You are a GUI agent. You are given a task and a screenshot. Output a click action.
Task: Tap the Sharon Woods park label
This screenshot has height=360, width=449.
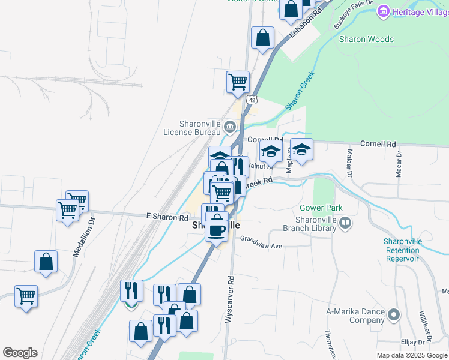[x=366, y=40]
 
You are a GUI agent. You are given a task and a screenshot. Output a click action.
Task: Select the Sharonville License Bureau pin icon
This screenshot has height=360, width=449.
[x=230, y=127]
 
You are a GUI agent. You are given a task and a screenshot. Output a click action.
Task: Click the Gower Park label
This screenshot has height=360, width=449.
[x=321, y=208]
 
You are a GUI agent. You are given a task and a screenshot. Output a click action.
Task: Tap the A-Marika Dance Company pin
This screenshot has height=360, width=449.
[x=394, y=314]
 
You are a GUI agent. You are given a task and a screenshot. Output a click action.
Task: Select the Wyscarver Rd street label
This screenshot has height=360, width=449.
[x=229, y=300]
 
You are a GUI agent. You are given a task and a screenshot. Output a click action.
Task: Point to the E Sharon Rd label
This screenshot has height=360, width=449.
[x=167, y=217]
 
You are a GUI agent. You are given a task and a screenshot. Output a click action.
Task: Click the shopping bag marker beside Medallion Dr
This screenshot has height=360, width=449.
[x=46, y=262]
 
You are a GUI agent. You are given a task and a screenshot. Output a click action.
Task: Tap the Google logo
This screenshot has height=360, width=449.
[x=20, y=353]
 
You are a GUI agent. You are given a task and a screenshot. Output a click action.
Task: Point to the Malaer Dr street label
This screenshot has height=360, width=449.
[x=349, y=160]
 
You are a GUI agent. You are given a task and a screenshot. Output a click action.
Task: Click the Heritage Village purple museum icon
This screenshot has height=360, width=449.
[x=383, y=11]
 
